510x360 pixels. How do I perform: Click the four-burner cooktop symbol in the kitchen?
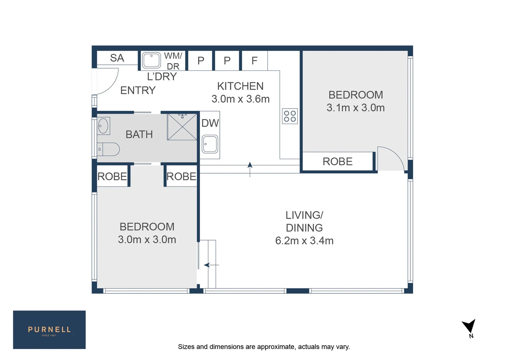290,116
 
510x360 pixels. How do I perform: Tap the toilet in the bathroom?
109,149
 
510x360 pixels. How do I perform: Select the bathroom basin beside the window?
103,126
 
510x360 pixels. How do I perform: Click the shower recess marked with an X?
182,127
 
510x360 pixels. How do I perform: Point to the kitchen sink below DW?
210,144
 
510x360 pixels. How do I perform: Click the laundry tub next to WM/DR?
151,60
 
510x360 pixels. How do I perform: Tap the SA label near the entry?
117,58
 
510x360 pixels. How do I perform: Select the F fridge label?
254,61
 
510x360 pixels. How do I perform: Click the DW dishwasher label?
210,123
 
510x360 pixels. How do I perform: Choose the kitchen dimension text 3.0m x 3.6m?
240,99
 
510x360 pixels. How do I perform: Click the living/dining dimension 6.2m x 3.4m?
304,241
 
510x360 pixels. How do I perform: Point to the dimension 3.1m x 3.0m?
356,108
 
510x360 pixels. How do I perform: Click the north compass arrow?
469,326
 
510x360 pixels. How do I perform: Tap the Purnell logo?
49,330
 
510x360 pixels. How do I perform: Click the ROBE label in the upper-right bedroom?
337,162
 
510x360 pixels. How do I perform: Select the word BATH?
139,134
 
